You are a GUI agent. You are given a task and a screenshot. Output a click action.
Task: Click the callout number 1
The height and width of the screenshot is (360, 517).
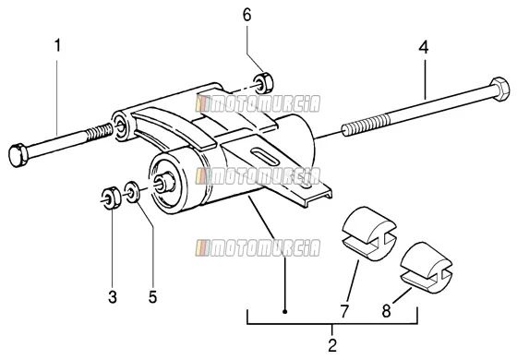(57, 45)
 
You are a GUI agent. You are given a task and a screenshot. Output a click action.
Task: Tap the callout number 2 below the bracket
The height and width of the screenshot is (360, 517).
(332, 345)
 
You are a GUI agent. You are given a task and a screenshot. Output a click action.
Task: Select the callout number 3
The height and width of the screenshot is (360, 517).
(113, 297)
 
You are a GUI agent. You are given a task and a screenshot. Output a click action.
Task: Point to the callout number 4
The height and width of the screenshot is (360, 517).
(424, 47)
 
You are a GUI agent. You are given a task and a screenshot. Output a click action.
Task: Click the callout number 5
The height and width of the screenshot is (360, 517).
(152, 297)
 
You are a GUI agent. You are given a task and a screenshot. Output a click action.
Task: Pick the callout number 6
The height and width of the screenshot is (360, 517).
(247, 15)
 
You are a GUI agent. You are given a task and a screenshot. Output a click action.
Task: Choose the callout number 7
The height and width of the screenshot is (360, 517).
(344, 311)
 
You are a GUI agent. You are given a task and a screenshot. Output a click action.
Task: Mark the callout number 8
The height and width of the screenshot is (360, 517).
(387, 311)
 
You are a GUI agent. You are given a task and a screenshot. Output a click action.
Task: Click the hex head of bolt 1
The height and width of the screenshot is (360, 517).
(18, 155)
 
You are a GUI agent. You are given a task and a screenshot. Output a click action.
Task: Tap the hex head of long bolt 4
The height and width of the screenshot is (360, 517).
(500, 89)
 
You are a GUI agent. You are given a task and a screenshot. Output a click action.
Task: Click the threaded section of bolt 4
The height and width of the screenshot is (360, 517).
(366, 125)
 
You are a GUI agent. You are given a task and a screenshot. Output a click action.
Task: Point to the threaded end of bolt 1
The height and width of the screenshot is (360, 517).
(99, 131)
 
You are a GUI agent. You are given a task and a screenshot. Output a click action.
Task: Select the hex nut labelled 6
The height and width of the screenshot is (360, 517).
(263, 84)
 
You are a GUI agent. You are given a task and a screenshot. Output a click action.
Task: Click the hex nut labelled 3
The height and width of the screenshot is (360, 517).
(111, 198)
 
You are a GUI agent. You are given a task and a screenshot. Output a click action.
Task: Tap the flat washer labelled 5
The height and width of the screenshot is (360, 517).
(132, 192)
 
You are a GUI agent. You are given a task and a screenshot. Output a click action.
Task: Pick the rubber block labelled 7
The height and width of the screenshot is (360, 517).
(368, 234)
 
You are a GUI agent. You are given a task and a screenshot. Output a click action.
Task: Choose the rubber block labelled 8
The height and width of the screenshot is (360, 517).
(426, 268)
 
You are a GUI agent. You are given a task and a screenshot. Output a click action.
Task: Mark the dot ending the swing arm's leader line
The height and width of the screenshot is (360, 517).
(285, 311)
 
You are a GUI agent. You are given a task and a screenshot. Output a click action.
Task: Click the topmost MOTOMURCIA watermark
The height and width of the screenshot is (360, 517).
(258, 103)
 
